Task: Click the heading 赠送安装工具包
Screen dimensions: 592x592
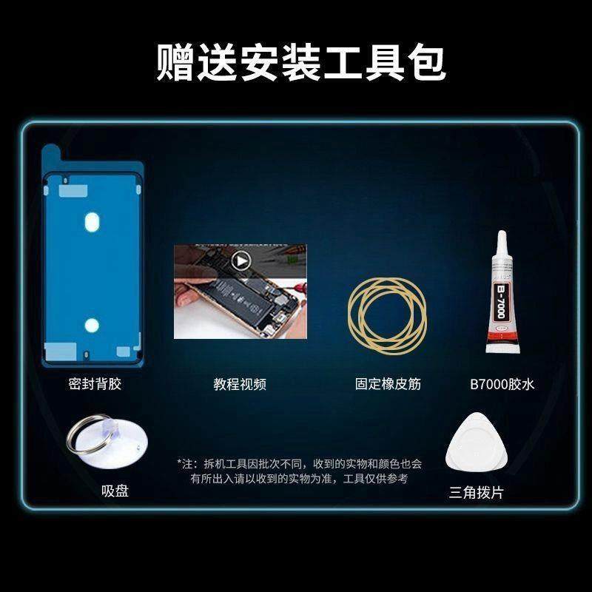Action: pyautogui.click(x=300, y=62)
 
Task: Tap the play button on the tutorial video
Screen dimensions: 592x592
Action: pyautogui.click(x=239, y=260)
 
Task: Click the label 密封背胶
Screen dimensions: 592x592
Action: pyautogui.click(x=91, y=383)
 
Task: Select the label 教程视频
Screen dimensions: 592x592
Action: pyautogui.click(x=240, y=383)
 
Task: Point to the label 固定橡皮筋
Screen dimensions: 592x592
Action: pyautogui.click(x=388, y=383)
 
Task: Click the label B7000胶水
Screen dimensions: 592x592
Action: pyautogui.click(x=502, y=383)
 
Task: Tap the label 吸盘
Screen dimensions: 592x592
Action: pyautogui.click(x=115, y=491)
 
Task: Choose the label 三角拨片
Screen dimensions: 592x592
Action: pyautogui.click(x=476, y=492)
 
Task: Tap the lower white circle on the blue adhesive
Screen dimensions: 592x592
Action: pyautogui.click(x=90, y=323)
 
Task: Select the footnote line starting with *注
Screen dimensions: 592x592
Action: pyautogui.click(x=300, y=464)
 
